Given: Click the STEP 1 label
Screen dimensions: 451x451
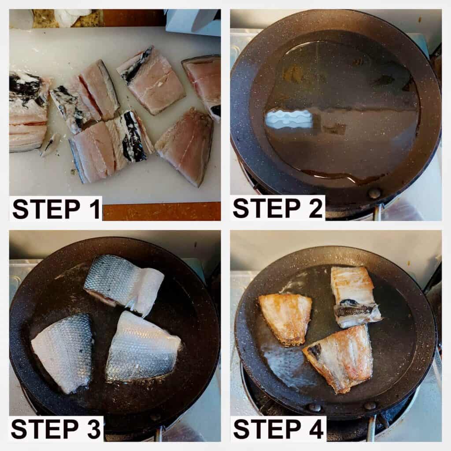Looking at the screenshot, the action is click(x=56, y=209).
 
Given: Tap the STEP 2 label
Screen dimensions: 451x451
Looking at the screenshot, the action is click(x=278, y=208).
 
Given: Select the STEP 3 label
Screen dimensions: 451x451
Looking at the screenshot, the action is click(x=56, y=429).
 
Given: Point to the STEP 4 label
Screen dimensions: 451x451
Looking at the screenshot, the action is click(x=278, y=429).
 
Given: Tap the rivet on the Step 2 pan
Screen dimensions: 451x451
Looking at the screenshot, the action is click(x=374, y=193).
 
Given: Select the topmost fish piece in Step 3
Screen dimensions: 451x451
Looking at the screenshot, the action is click(x=124, y=285).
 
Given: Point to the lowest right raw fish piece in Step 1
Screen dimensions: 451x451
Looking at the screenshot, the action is click(x=185, y=147).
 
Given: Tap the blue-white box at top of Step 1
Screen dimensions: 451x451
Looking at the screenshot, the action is click(x=193, y=22).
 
